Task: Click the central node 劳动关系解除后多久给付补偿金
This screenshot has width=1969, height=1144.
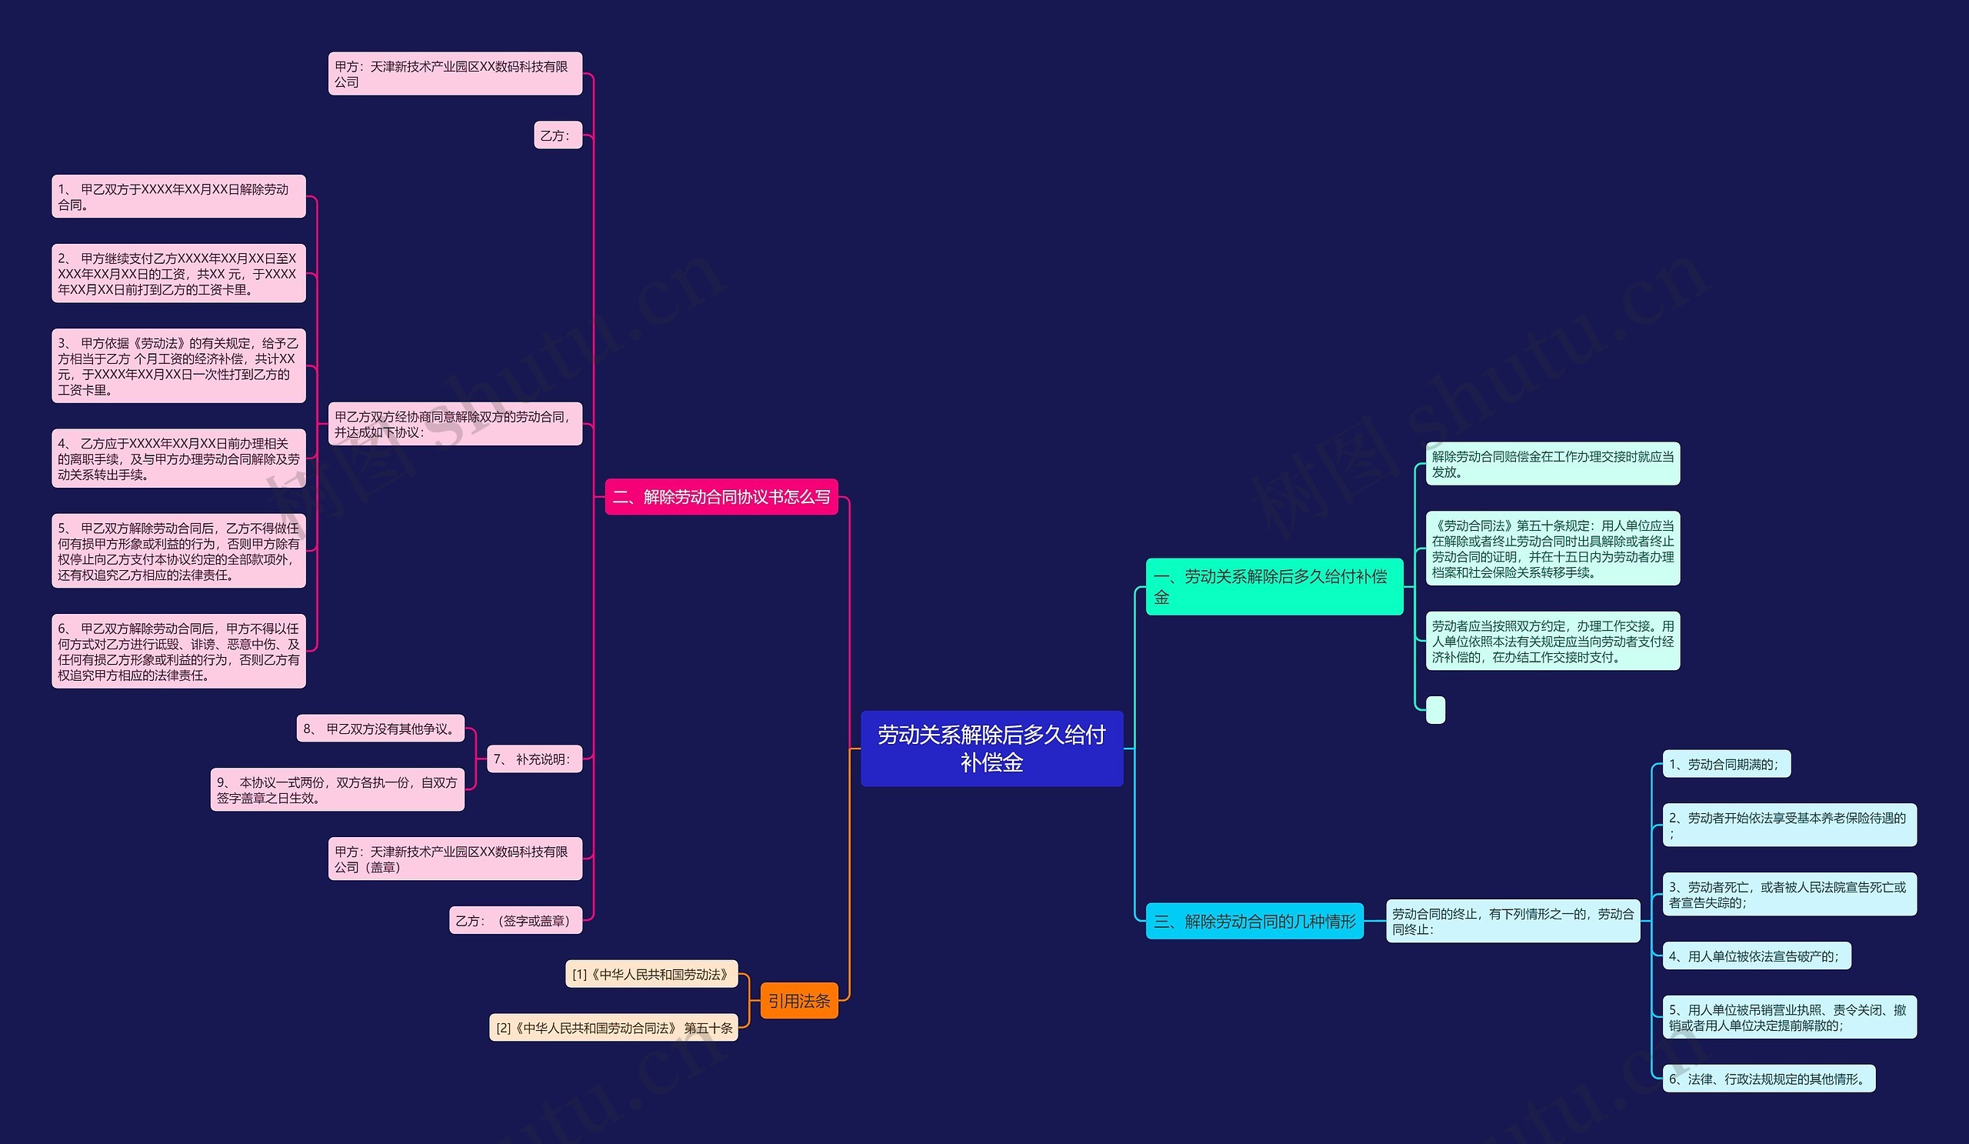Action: click(x=991, y=748)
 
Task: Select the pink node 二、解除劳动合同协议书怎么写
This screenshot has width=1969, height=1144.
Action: click(x=721, y=497)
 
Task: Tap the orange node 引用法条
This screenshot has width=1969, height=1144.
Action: click(x=798, y=1000)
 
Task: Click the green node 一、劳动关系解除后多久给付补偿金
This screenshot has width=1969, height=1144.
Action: click(x=1274, y=586)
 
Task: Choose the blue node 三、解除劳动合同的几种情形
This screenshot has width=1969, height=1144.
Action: click(x=1254, y=921)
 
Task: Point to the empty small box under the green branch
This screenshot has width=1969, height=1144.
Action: click(x=1435, y=709)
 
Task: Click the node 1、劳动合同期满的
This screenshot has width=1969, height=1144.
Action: click(x=1726, y=763)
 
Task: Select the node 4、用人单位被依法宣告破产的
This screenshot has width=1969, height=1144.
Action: click(x=1757, y=955)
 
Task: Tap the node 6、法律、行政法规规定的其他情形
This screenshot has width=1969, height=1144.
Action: click(x=1769, y=1079)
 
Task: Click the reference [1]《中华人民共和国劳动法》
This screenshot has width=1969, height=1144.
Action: click(x=651, y=974)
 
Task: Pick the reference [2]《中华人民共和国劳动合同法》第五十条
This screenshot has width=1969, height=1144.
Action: click(x=613, y=1028)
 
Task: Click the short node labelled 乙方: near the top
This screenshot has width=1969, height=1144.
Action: click(x=558, y=135)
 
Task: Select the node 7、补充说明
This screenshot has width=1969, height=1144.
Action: click(x=535, y=759)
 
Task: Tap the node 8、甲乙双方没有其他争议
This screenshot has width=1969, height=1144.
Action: click(x=381, y=729)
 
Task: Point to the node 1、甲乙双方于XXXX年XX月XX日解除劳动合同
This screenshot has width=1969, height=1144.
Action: click(x=179, y=196)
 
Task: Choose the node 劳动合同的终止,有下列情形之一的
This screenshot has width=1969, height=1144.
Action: click(x=1513, y=921)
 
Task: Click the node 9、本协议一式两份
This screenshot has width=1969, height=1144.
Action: click(x=338, y=789)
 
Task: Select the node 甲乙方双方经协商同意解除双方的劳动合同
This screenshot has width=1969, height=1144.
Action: click(x=455, y=424)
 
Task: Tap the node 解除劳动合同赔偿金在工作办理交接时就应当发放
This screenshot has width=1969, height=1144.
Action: click(x=1553, y=463)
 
